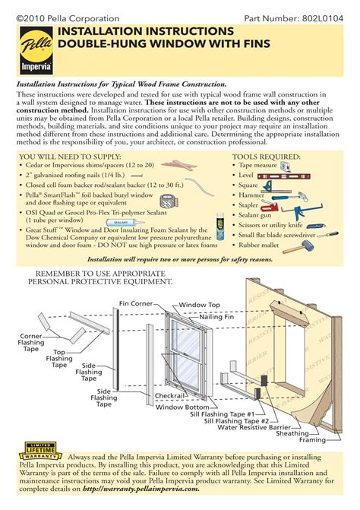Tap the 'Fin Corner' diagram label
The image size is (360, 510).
[x=137, y=303]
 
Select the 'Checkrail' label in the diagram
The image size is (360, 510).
[x=171, y=396]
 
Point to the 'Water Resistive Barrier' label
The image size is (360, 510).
[x=254, y=427]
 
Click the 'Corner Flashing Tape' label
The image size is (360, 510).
[x=31, y=341]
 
